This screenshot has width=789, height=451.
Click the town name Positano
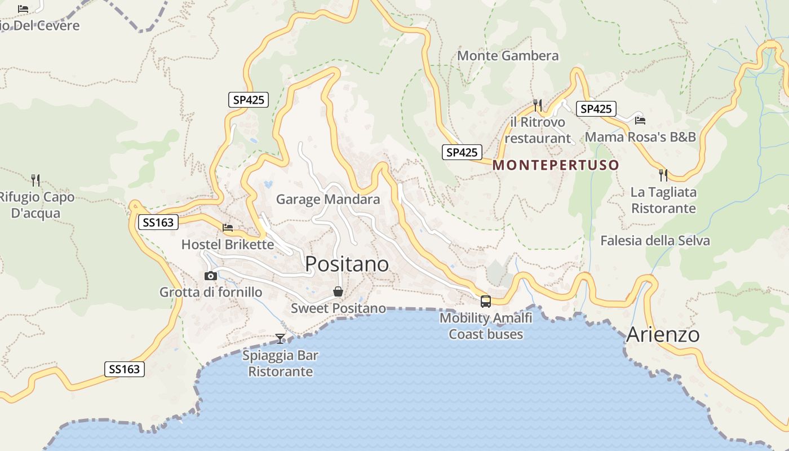(347, 264)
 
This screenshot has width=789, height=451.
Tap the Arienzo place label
(663, 334)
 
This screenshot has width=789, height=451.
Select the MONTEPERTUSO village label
(556, 165)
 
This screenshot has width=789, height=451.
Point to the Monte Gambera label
(508, 56)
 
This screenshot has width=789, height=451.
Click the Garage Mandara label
(328, 200)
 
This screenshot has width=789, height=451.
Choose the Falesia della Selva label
(655, 241)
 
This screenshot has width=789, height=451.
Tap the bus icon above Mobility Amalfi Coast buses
(485, 301)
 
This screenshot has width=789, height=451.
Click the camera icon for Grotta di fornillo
(211, 276)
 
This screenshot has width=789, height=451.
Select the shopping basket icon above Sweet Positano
(338, 291)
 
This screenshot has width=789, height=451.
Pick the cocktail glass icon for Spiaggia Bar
(280, 338)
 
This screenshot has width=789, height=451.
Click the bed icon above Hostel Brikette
(228, 227)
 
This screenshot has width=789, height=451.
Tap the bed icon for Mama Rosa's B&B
(640, 120)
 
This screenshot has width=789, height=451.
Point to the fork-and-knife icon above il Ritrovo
(537, 105)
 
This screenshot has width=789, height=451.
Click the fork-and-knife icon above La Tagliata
(663, 175)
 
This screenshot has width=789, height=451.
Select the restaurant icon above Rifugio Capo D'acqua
(36, 180)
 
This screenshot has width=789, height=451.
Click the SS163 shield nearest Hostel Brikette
(158, 222)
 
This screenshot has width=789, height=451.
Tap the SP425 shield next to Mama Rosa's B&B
(596, 109)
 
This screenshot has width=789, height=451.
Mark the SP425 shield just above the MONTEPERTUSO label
(462, 152)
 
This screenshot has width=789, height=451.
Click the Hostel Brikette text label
(228, 245)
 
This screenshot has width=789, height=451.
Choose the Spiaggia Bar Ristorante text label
(280, 364)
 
